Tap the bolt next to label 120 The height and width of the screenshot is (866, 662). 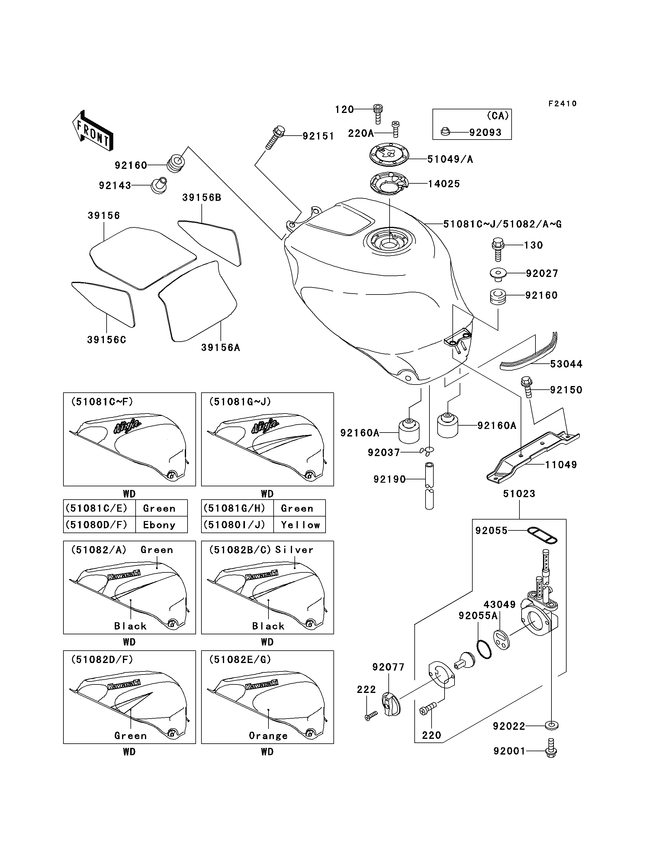tap(378, 114)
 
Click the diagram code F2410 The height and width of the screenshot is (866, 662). tap(563, 103)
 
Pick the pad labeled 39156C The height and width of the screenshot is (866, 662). tap(104, 304)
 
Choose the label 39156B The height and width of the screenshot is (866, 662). tap(202, 198)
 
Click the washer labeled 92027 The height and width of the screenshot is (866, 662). tap(499, 274)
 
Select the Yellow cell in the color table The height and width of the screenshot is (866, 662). tap(300, 525)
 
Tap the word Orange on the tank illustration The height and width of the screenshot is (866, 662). tap(268, 736)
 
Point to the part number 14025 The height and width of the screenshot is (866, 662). tap(444, 184)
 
